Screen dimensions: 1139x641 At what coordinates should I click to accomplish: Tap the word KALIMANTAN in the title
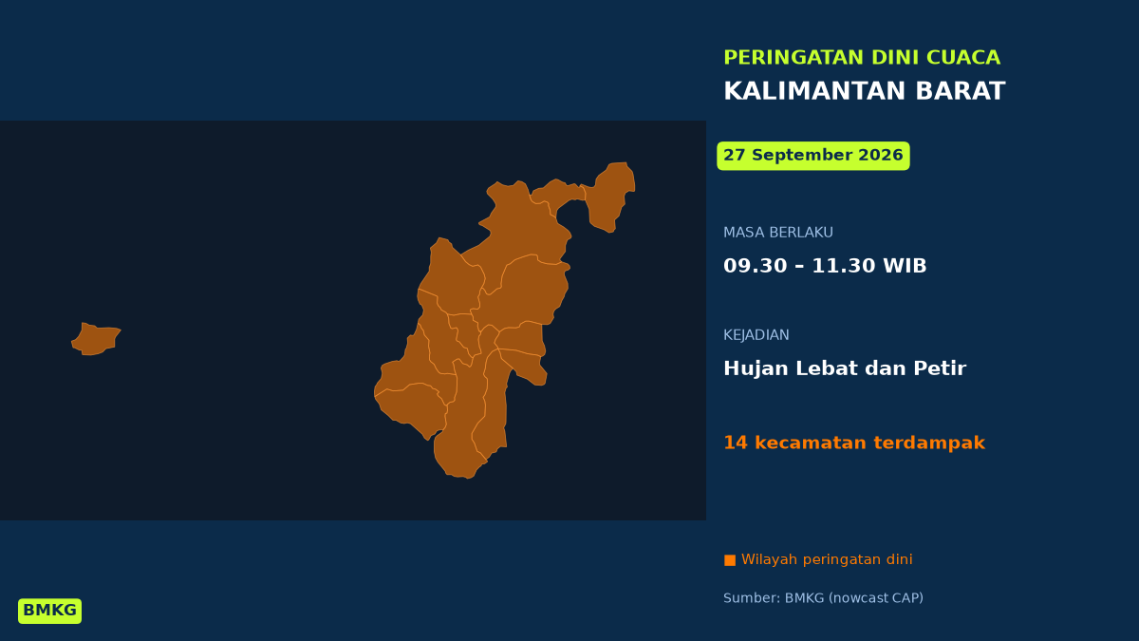pos(814,91)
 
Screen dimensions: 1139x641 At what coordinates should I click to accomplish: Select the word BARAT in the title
pos(960,91)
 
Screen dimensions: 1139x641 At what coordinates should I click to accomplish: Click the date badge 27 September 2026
pos(813,156)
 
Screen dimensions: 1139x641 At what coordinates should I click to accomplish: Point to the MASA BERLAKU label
pos(778,233)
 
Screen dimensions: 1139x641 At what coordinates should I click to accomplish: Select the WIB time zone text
pos(905,266)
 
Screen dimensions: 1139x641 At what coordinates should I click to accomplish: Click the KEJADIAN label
pos(756,334)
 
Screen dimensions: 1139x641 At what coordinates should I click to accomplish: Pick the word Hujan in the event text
pos(756,368)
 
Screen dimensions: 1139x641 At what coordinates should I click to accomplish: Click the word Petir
pos(940,368)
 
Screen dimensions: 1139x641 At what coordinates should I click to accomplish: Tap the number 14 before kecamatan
pos(736,443)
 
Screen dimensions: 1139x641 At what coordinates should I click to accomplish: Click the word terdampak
pos(929,443)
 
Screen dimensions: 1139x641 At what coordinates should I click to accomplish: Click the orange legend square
pos(730,560)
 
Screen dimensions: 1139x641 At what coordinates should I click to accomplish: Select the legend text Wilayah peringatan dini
pos(827,559)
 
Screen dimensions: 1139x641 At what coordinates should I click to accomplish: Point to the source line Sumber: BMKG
pos(823,598)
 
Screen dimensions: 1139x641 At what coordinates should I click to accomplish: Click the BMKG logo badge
pos(49,611)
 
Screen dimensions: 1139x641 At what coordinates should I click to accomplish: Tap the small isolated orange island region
pos(96,339)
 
